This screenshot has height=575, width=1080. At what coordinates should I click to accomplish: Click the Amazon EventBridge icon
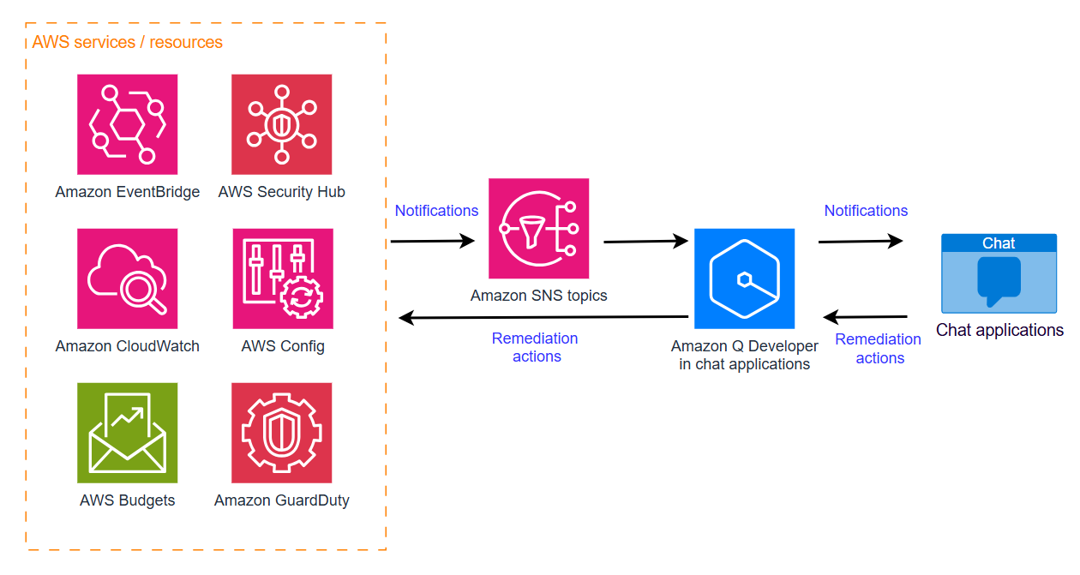click(x=127, y=124)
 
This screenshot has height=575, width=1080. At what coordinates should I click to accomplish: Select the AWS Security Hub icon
click(x=281, y=124)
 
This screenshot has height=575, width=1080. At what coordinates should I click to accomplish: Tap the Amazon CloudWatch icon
click(x=127, y=279)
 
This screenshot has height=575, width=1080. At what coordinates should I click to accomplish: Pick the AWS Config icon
click(x=282, y=279)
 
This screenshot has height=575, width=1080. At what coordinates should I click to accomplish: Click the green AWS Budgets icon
click(x=127, y=433)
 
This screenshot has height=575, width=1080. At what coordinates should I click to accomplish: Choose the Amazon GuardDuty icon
click(x=281, y=433)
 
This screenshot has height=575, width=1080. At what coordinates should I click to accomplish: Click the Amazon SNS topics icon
click(x=538, y=229)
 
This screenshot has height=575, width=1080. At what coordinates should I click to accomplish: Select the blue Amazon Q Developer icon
click(x=744, y=279)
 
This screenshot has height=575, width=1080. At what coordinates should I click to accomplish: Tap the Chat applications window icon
click(x=999, y=273)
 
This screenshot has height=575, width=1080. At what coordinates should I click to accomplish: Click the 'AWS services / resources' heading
click(x=127, y=42)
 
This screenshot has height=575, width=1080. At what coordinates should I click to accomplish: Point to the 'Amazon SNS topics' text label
click(x=538, y=296)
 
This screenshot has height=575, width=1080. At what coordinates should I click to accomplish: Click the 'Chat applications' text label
click(x=999, y=331)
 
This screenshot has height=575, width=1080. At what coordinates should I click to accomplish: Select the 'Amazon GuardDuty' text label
click(x=281, y=500)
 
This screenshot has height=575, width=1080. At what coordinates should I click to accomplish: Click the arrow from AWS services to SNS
click(x=432, y=242)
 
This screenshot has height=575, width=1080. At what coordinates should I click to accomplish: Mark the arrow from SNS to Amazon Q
click(x=645, y=242)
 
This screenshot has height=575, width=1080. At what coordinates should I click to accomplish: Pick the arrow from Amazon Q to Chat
click(x=860, y=242)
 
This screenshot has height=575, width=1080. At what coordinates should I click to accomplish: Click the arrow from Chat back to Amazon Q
click(x=866, y=318)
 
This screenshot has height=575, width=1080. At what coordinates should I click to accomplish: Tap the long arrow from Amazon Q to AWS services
click(x=544, y=318)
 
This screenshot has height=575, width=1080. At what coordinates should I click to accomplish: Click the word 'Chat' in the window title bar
click(x=999, y=243)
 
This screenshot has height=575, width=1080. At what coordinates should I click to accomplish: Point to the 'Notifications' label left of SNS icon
click(x=436, y=211)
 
